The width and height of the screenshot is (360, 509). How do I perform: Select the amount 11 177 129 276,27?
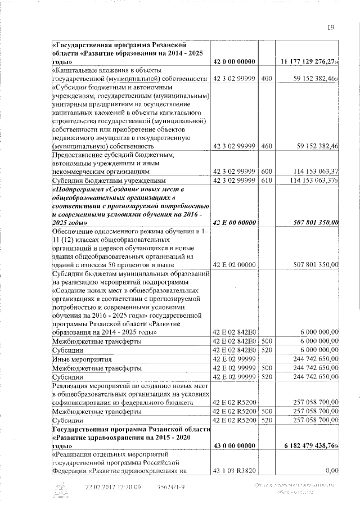(x=310, y=61)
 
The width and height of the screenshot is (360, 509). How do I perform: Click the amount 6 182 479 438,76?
(x=311, y=445)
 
